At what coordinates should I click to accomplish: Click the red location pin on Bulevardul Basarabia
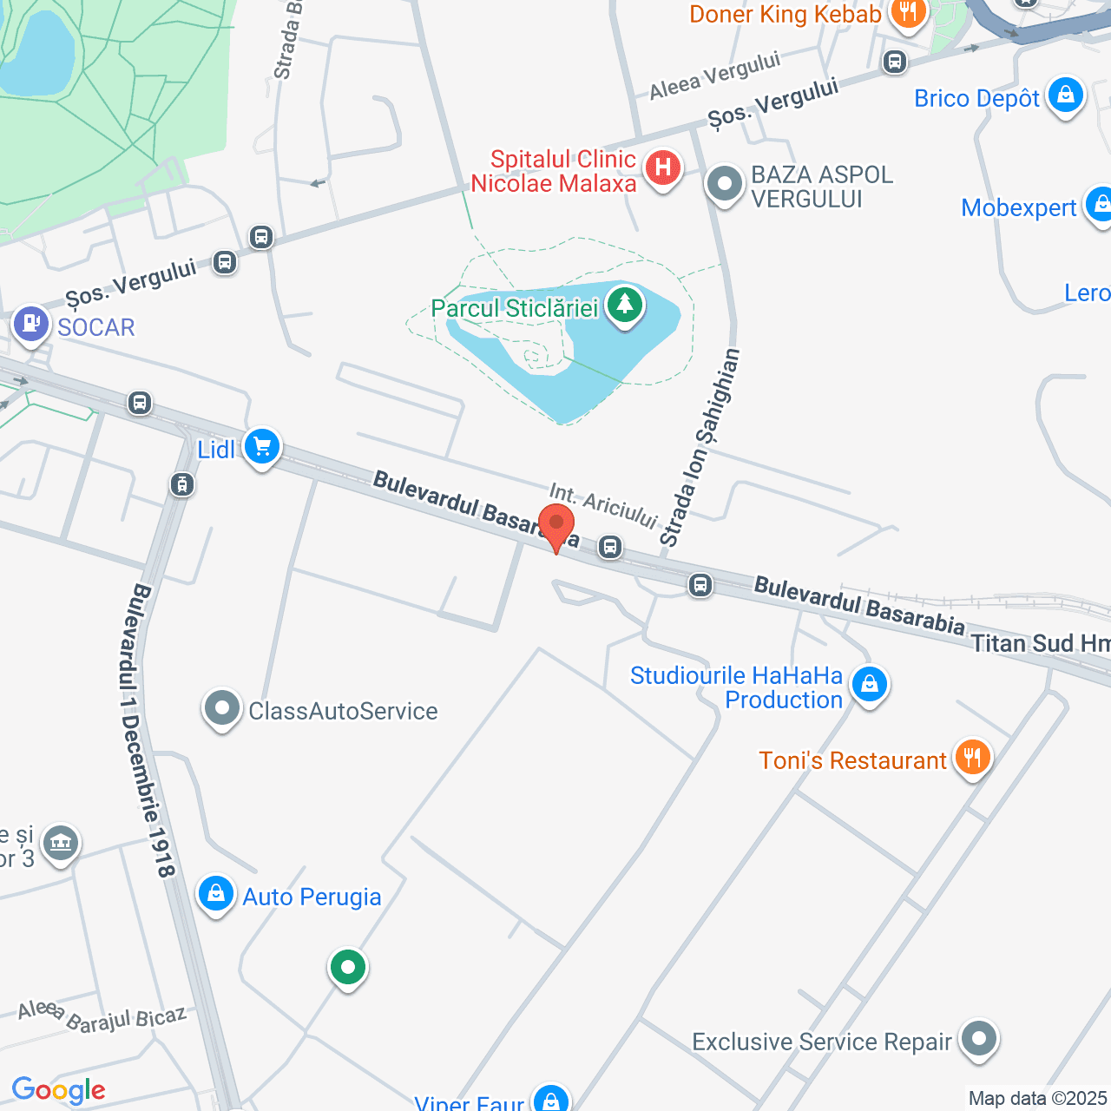(x=556, y=526)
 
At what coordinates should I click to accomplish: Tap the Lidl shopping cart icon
(x=261, y=447)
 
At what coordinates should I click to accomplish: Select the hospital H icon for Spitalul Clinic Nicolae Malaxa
(x=664, y=168)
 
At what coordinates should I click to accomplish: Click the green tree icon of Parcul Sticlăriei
(x=624, y=305)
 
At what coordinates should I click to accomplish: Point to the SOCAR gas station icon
(x=31, y=324)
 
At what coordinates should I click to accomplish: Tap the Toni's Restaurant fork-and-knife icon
(x=972, y=758)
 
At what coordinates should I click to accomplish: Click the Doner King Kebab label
(x=785, y=15)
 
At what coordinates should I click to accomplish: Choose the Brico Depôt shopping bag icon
(x=1065, y=94)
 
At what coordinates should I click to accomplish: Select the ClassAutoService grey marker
(x=222, y=708)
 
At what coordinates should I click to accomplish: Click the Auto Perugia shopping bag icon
(x=215, y=893)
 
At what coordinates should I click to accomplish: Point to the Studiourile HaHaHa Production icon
(x=869, y=685)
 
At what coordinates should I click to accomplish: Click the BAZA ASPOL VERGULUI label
(x=821, y=187)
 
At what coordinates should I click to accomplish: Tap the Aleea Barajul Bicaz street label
(x=102, y=1016)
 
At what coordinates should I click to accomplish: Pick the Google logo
(x=59, y=1090)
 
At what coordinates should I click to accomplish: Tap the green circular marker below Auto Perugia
(x=348, y=967)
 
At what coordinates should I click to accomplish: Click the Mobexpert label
(x=1018, y=208)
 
